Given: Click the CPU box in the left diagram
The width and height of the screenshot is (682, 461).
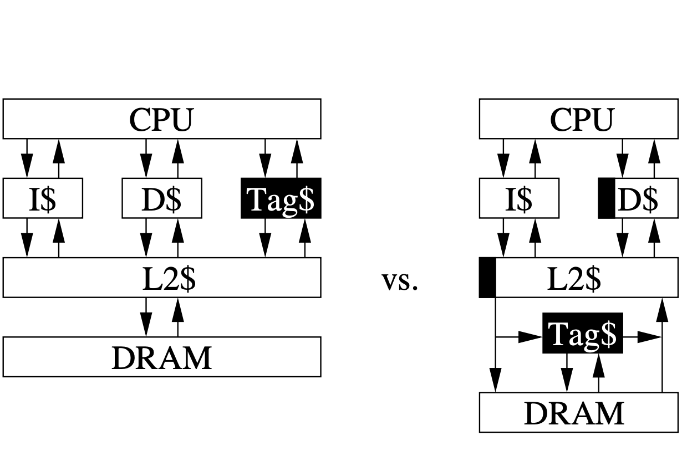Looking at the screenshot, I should [x=161, y=119].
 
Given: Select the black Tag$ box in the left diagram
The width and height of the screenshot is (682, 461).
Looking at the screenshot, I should [x=281, y=198].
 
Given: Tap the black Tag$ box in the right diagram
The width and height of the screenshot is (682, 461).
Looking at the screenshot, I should [x=582, y=333].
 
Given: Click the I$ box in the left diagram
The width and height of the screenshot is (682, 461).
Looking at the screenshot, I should [x=43, y=198].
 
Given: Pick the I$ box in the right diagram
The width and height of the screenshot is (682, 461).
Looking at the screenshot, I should [x=518, y=198].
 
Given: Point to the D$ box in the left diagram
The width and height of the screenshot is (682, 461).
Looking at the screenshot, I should [x=161, y=198].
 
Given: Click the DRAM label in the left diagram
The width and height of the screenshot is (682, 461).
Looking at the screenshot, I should [x=161, y=357].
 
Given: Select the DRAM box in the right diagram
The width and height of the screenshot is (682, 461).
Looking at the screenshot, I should [x=578, y=413].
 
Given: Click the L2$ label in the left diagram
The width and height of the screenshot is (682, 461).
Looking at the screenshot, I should [x=169, y=278].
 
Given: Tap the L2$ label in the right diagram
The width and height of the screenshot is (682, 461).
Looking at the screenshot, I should [x=574, y=278].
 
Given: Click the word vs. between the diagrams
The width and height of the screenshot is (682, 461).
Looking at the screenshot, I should [x=400, y=281].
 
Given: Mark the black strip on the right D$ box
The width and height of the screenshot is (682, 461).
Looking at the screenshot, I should [x=607, y=198].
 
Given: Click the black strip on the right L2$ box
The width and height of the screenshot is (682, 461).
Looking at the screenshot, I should [x=487, y=278].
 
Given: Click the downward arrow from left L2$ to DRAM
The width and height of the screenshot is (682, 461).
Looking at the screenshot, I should [x=146, y=317].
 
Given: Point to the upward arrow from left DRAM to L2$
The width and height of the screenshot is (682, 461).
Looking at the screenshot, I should [x=177, y=317].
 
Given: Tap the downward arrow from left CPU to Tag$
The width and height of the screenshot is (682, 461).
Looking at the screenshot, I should [x=265, y=158].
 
